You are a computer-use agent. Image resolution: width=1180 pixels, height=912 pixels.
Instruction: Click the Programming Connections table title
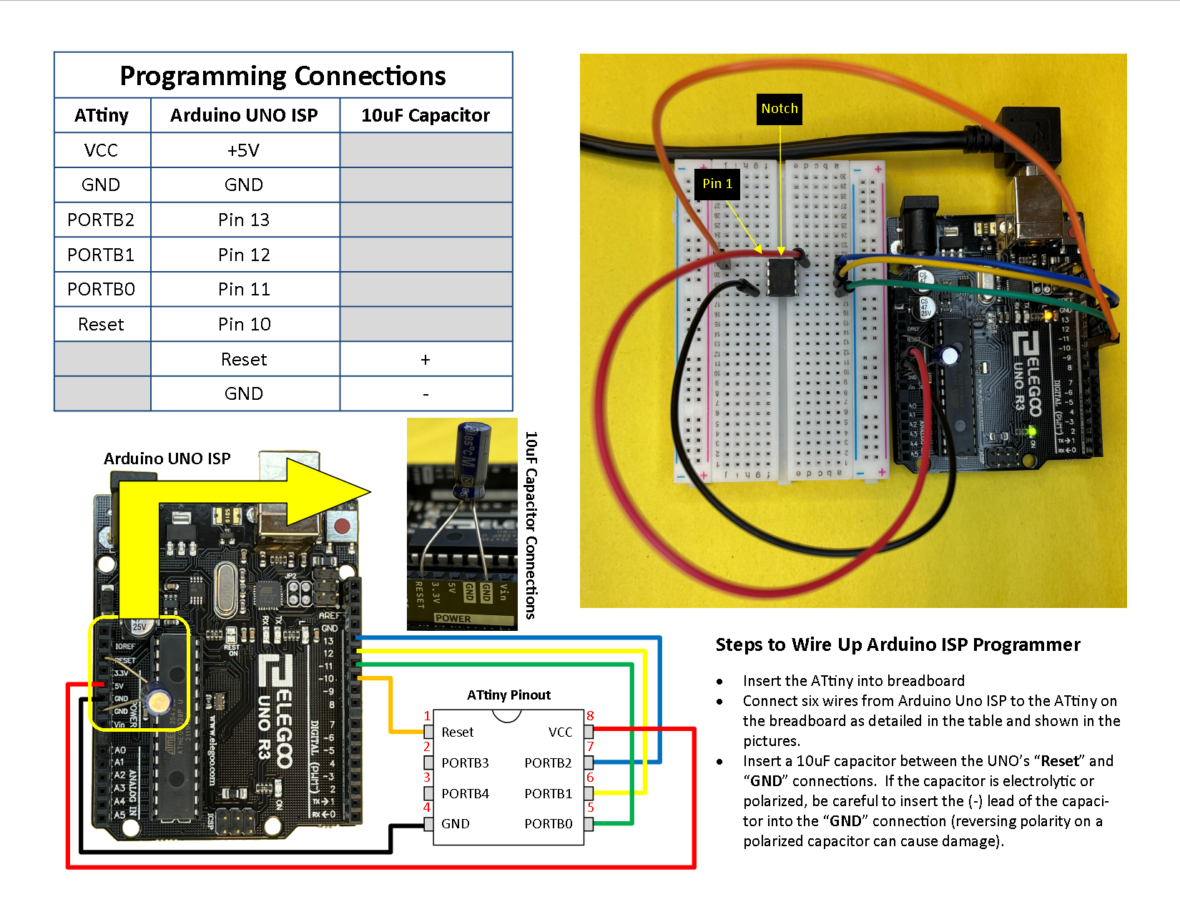pyautogui.click(x=282, y=76)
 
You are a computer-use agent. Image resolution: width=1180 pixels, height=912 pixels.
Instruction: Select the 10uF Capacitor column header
pyautogui.click(x=426, y=115)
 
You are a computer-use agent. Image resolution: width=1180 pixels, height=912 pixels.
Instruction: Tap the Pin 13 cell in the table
pyautogui.click(x=244, y=220)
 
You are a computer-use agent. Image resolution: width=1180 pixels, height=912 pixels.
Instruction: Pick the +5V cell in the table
pyautogui.click(x=244, y=150)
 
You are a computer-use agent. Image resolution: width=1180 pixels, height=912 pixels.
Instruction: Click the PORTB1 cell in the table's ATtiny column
pyautogui.click(x=101, y=255)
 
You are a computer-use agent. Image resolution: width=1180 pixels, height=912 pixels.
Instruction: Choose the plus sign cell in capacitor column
pyautogui.click(x=426, y=359)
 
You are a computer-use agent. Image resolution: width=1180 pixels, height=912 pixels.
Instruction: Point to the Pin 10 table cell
pyautogui.click(x=244, y=324)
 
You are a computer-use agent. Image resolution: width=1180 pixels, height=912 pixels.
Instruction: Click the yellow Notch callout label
pyautogui.click(x=780, y=109)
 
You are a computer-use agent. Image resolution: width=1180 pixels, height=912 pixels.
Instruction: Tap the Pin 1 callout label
pyautogui.click(x=717, y=184)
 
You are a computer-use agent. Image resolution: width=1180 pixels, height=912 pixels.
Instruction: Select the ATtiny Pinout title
pyautogui.click(x=508, y=695)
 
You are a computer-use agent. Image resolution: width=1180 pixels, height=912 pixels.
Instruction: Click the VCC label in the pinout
pyautogui.click(x=560, y=732)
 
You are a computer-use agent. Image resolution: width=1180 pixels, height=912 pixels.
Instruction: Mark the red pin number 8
pyautogui.click(x=590, y=716)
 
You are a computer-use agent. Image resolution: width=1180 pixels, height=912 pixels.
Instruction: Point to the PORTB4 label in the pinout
pyautogui.click(x=465, y=794)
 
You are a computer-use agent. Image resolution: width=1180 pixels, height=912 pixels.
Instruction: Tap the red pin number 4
pyautogui.click(x=427, y=808)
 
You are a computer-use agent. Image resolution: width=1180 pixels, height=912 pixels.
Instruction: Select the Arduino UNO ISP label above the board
pyautogui.click(x=167, y=459)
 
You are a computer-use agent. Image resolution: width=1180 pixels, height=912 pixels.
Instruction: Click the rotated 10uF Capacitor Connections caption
pyautogui.click(x=531, y=524)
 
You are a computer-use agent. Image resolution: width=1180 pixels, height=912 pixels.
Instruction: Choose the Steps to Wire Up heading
pyautogui.click(x=898, y=644)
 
